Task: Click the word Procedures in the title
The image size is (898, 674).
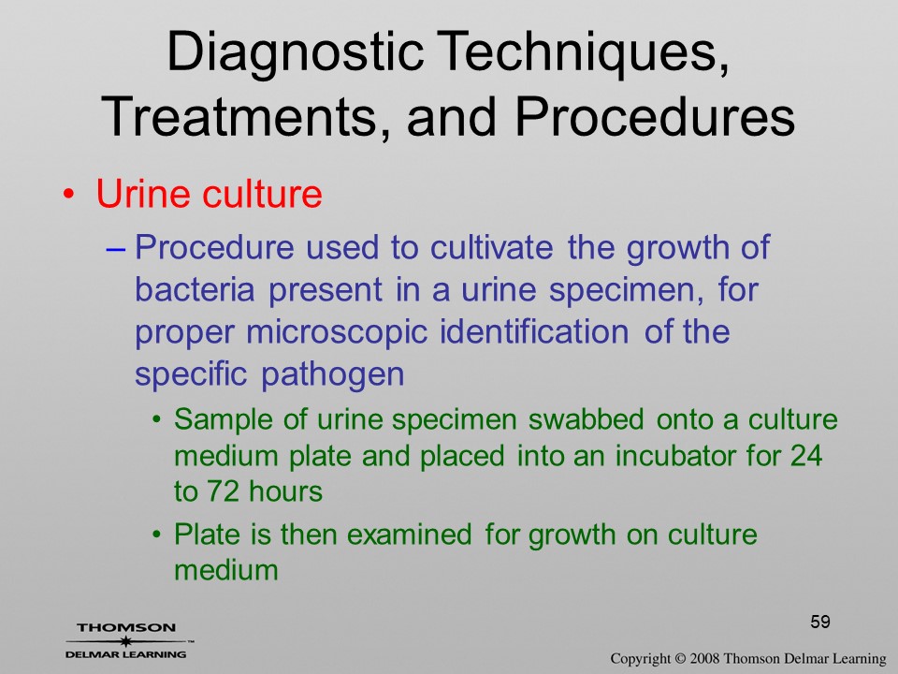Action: point(655,116)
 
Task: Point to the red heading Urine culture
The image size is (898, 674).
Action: point(209,194)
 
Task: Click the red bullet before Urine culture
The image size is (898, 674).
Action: point(69,195)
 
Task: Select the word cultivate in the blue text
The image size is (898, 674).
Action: point(491,247)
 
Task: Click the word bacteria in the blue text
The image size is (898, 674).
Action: point(195,289)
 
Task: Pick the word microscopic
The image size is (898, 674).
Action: point(337,332)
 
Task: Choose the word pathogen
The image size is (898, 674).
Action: point(333,375)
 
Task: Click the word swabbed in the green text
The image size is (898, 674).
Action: point(586,419)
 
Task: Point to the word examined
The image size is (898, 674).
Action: point(410,535)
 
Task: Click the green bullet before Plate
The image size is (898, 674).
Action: point(157,535)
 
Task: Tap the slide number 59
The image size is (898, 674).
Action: point(820,622)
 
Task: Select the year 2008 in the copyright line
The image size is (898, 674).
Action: point(703,659)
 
